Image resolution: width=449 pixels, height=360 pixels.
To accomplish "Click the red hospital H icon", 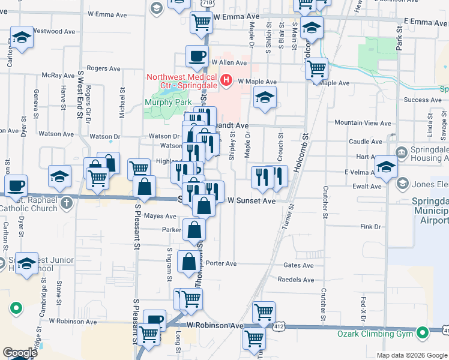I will point(226,80).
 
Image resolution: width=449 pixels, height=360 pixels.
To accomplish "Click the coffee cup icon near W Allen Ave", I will point(196,56).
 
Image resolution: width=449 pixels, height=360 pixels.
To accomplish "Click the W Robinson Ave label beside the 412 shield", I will point(214,325).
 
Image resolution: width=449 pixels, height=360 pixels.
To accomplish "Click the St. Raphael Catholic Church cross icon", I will point(66,202).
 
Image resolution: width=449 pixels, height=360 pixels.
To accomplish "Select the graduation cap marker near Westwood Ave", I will point(22,37).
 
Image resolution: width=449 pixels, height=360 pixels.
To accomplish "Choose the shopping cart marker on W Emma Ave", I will point(202,23).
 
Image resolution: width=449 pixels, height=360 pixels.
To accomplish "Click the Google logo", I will point(20,353).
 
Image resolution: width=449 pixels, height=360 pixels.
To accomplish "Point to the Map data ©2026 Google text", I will point(412,355).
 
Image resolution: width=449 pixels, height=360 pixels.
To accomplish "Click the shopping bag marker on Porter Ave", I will point(189,262).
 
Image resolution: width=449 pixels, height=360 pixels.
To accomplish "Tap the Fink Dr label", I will point(370,227).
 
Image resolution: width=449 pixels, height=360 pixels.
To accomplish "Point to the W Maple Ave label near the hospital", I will point(257,82).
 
